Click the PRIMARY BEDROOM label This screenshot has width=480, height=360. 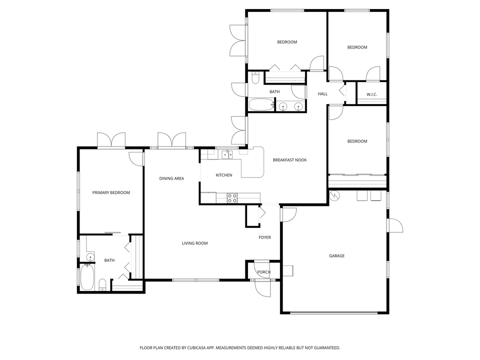[111, 192]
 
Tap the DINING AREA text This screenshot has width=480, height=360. [171, 178]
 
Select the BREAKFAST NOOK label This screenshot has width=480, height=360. [289, 160]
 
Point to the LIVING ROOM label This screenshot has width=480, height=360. [194, 243]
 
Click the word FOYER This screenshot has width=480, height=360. [264, 237]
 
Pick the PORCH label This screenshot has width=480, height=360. [263, 272]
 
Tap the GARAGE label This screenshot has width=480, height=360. [336, 256]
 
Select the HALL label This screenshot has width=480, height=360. [322, 94]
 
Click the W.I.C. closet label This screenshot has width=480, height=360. [371, 94]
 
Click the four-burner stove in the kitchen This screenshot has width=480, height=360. [232, 198]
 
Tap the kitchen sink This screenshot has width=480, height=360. [227, 154]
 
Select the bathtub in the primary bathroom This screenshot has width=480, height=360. [87, 277]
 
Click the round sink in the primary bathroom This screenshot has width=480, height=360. [90, 257]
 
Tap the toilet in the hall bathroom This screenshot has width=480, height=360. [255, 78]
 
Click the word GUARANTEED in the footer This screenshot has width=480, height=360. [324, 347]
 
